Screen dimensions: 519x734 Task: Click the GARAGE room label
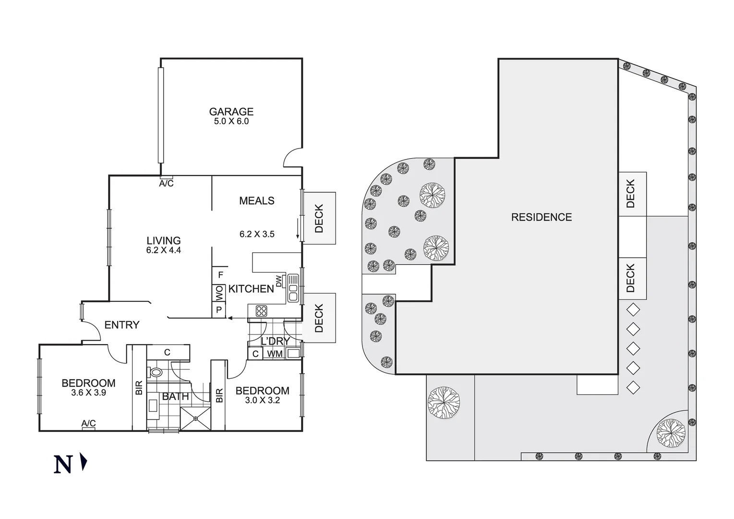tap(231, 111)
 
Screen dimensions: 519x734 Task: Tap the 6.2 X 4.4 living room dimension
tap(163, 250)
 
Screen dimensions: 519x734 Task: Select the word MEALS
tap(257, 201)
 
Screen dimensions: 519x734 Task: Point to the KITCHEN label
tap(251, 289)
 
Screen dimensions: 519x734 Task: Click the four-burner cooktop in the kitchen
tap(261, 311)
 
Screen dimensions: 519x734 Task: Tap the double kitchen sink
tap(293, 288)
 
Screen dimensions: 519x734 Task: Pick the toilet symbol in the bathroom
tap(156, 372)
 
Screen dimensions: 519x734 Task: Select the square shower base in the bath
tap(195, 419)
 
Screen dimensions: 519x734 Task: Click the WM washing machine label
tap(275, 354)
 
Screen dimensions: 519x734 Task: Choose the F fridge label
tap(220, 275)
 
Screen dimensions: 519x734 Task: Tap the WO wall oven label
tap(219, 292)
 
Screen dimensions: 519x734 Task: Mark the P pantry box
tap(219, 310)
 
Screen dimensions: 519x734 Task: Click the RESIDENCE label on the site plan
tap(541, 217)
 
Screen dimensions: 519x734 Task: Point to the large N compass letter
tap(63, 465)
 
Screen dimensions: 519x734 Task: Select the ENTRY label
tap(121, 325)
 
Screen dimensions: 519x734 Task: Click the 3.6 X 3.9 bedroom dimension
tap(88, 393)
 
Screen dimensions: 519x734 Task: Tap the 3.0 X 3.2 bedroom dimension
tap(262, 400)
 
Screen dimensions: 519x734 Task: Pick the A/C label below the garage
tap(166, 184)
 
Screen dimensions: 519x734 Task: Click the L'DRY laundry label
tap(275, 341)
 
